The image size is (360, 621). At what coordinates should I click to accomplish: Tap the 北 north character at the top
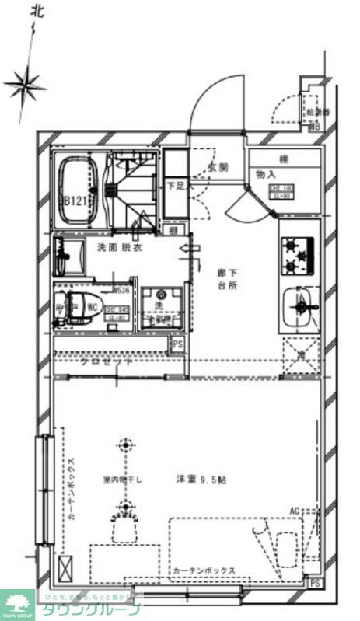(x=37, y=11)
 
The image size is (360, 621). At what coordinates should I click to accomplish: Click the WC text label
(x=92, y=308)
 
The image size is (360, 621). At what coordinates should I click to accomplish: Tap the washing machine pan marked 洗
(x=162, y=308)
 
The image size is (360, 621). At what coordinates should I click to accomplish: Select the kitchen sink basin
(x=299, y=309)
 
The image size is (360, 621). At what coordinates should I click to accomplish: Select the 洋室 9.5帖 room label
(x=201, y=480)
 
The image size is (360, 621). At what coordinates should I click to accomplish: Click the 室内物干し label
(x=121, y=480)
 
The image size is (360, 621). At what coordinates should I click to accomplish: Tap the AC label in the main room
(x=295, y=510)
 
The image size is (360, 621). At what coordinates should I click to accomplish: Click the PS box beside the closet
(x=177, y=344)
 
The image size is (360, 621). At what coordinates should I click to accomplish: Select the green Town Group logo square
(x=17, y=604)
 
